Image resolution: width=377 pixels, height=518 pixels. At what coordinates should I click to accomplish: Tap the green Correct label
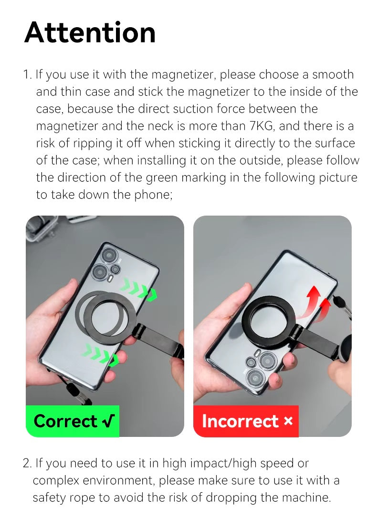coord(72,421)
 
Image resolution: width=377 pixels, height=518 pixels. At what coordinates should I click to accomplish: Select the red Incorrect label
coord(246,421)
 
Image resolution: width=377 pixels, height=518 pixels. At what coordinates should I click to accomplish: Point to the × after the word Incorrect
coord(288,421)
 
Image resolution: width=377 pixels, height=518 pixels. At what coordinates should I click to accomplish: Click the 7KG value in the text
coord(262,126)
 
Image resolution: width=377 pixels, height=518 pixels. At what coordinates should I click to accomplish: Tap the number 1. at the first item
coord(27,75)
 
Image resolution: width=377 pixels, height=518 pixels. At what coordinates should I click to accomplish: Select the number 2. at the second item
coord(27,463)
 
